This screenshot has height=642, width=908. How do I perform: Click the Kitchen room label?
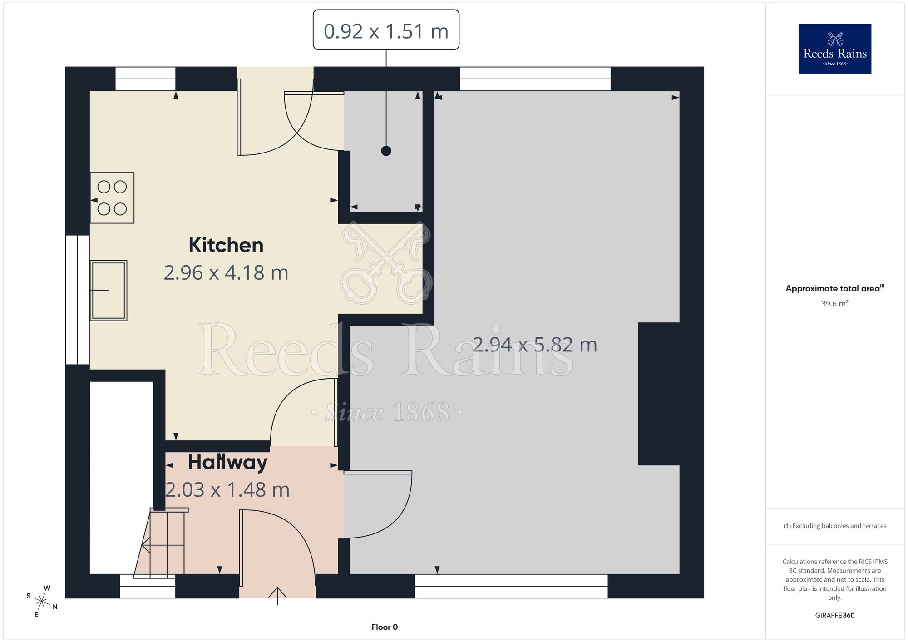(226, 245)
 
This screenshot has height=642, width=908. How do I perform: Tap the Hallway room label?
(227, 462)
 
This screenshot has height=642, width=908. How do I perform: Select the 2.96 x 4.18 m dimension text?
(226, 273)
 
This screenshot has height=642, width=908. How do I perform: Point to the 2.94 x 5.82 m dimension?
(535, 345)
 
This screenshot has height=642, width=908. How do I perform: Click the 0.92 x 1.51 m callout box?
(386, 30)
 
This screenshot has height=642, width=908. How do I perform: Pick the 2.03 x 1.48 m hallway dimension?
(227, 490)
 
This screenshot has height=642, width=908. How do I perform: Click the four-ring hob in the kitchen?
(112, 198)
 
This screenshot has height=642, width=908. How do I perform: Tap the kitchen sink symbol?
(109, 291)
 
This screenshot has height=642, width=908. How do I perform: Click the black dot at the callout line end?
(386, 151)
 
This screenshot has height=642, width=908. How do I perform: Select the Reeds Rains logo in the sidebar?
(835, 49)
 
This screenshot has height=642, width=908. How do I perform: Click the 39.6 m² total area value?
(835, 304)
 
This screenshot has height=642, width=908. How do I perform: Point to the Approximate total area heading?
(835, 288)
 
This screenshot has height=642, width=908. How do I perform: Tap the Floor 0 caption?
(385, 627)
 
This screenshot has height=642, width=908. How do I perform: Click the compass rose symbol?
(42, 602)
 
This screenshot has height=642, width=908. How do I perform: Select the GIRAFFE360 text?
(835, 616)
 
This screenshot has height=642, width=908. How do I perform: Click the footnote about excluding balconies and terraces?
(835, 526)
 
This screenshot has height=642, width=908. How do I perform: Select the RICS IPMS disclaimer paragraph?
(835, 579)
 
